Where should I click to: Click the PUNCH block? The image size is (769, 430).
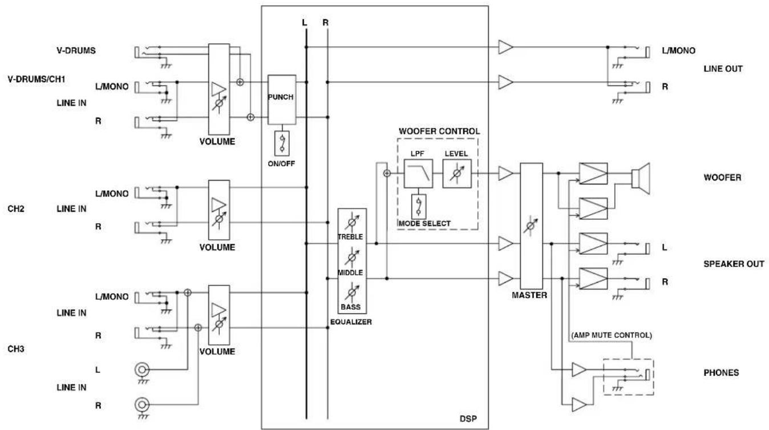point(281,100)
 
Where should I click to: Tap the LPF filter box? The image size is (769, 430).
point(418,174)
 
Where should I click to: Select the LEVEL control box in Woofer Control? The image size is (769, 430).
point(457,174)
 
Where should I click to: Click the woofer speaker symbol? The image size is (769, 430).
point(641,178)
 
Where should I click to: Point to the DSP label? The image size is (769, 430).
point(468,419)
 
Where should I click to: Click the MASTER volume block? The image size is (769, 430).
point(532,226)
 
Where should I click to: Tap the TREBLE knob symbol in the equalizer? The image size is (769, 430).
point(352,222)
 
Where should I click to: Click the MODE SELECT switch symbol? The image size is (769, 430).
point(419,207)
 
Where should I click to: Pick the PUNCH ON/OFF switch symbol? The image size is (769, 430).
point(282,143)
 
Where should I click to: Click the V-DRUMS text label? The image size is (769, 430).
point(76,50)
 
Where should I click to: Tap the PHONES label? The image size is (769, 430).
point(721,372)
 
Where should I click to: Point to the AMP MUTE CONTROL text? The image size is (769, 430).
point(612,335)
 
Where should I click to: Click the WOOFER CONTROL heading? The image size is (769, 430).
point(439,131)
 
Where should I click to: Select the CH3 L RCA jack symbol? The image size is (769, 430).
point(142,370)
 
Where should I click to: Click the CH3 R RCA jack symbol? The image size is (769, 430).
point(142,404)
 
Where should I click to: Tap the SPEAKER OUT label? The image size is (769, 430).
point(734,264)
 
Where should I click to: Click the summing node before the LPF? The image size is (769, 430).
point(387,174)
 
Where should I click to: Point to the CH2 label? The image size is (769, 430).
point(16,209)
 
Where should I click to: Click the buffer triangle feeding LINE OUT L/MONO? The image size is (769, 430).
point(505,47)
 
